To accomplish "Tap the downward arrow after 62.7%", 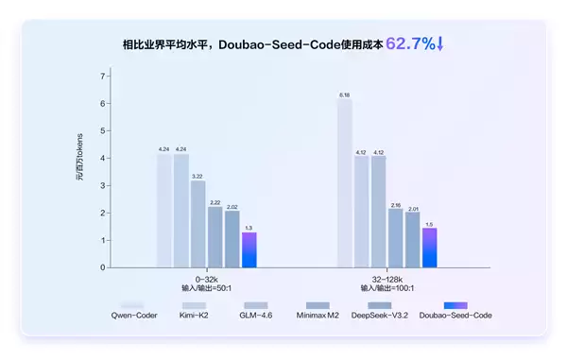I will click(440, 43).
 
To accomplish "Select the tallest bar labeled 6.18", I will click(344, 184).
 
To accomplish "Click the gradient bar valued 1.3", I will click(249, 249).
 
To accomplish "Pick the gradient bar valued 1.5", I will click(429, 248).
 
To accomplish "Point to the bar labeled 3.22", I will click(198, 224).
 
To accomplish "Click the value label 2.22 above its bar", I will click(215, 202).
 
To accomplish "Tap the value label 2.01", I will click(412, 208).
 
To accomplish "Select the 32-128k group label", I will click(387, 278).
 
